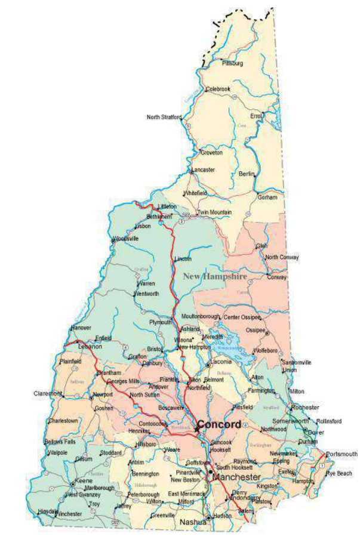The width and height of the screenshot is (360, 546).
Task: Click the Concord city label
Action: point(219,424)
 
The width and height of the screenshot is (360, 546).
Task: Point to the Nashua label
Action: point(192,522)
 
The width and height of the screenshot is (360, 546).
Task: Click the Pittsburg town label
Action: point(232,62)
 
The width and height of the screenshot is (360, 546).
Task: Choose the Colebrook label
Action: point(218,89)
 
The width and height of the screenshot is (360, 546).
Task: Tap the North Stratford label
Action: point(164,117)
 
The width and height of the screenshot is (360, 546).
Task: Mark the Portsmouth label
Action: point(341,454)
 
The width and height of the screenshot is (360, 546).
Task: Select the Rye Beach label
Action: point(339,473)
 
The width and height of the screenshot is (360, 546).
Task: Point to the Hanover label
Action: point(81,328)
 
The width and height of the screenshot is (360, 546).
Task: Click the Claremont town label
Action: point(47,394)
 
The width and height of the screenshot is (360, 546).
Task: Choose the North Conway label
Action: point(282,257)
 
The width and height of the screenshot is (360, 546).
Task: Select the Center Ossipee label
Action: point(243,316)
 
